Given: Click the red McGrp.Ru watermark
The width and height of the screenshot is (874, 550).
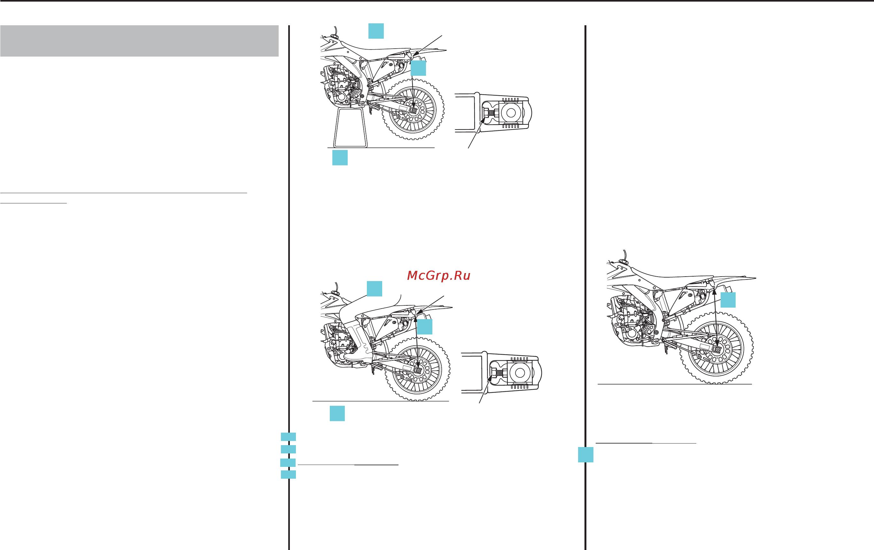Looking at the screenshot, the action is coord(439,276).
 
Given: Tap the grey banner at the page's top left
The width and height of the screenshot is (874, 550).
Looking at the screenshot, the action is coord(139,41).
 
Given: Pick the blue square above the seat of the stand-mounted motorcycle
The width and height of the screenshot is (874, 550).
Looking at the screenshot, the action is coord(376,31).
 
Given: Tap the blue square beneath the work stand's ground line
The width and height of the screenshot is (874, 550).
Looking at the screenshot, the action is coord(340,158).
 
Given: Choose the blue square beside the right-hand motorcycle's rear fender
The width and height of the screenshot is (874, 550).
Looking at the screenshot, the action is coord(728,300).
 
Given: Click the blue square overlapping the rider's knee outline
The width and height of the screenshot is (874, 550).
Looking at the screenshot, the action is coord(374,288).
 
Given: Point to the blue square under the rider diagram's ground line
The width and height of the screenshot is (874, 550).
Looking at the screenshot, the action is coord(337,413).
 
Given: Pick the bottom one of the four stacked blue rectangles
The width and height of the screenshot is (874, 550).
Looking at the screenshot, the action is coord(288,475).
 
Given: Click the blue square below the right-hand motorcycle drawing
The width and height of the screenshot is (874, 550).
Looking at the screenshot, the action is coord(585,455).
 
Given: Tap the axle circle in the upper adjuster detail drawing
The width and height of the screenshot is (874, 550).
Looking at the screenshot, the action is coord(511,113).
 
